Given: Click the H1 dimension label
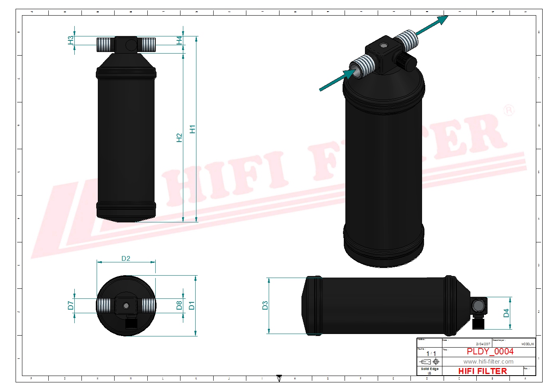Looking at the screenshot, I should [192, 129].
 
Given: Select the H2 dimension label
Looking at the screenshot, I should [179, 138].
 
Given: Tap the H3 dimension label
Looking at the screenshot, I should [71, 40].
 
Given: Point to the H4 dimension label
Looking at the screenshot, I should [179, 40].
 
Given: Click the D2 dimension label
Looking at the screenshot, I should [126, 258].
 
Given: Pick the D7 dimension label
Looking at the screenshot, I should [71, 305].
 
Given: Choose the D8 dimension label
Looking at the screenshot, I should [179, 305].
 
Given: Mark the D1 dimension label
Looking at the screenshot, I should [192, 305].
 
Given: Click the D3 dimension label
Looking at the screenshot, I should [265, 306].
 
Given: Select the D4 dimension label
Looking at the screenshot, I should [506, 313].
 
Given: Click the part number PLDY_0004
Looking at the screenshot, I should [490, 352].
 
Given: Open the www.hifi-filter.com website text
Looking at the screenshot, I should [488, 362].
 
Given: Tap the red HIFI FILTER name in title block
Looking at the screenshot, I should [482, 371].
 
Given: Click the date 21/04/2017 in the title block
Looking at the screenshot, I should [483, 344].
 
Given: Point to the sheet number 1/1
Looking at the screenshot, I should [431, 354].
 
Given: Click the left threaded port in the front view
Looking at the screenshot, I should [105, 44].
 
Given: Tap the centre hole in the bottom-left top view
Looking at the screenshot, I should [126, 306].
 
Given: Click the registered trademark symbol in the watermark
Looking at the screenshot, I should [508, 110].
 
